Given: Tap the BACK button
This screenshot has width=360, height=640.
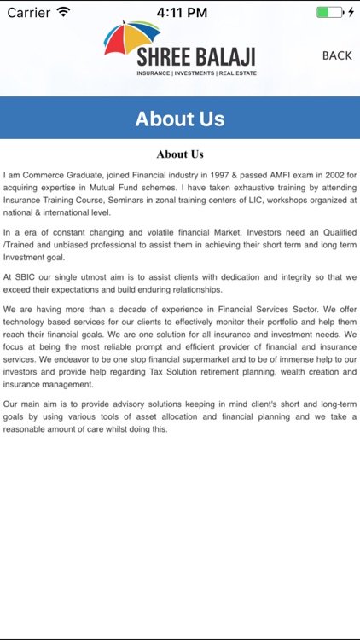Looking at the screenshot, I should pos(337,55).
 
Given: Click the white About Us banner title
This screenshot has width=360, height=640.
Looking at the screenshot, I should pos(180,119).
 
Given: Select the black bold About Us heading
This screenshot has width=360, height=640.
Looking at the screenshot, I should pos(180,154).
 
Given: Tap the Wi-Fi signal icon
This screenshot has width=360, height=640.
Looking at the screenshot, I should pos(64,12).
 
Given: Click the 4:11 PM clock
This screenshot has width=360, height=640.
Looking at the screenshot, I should pos(183,12).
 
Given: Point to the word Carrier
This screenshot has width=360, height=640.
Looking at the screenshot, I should pos(28,12).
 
